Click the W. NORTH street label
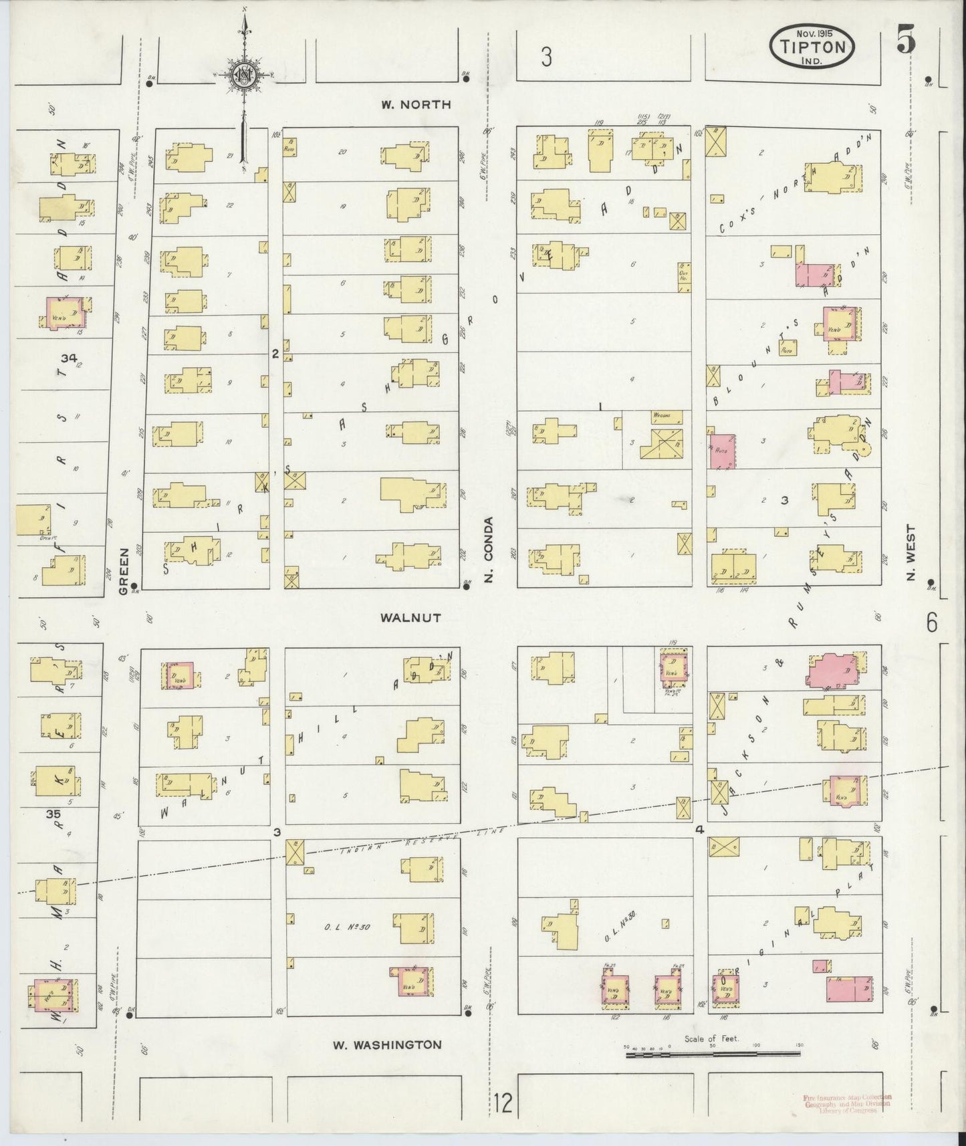416,104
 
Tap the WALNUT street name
410,617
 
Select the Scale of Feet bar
713,1055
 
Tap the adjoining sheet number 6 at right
932,623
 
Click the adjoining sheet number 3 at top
546,58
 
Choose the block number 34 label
68,359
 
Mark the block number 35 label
53,815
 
